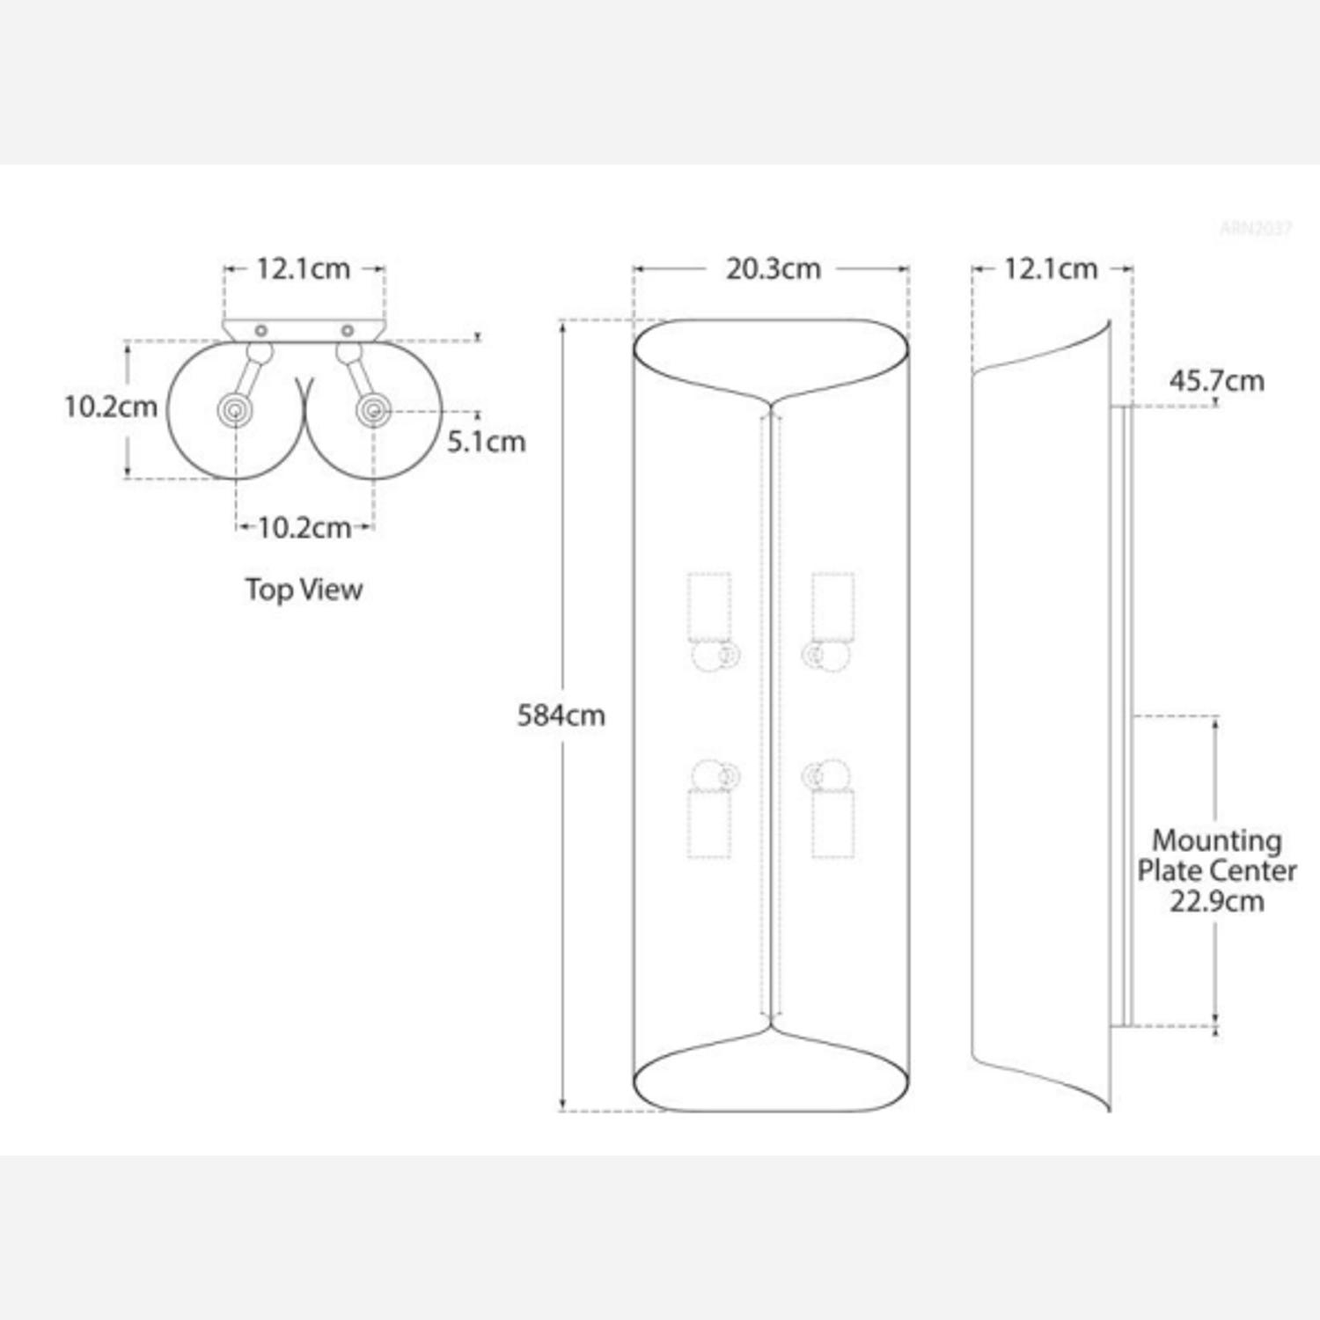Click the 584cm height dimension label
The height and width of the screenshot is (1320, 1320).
pyautogui.click(x=561, y=715)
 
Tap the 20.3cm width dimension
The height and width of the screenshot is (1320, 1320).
pyautogui.click(x=773, y=268)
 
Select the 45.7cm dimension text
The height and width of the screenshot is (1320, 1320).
pyautogui.click(x=1216, y=381)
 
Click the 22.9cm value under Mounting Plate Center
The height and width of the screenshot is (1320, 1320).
pyautogui.click(x=1216, y=901)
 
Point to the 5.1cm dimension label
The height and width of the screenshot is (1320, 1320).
pyautogui.click(x=486, y=441)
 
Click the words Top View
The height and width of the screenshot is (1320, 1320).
pyautogui.click(x=304, y=589)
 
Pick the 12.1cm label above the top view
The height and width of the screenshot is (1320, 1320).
pyautogui.click(x=303, y=268)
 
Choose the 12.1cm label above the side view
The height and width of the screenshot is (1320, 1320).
pyautogui.click(x=1051, y=268)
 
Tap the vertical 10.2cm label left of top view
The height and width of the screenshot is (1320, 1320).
pyautogui.click(x=111, y=407)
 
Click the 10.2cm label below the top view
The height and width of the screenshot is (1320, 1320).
pyautogui.click(x=304, y=528)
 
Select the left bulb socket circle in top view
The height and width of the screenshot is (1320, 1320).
pyautogui.click(x=236, y=410)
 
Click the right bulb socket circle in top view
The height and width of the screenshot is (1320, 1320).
pyautogui.click(x=373, y=410)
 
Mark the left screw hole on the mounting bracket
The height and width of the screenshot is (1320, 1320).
pyautogui.click(x=260, y=331)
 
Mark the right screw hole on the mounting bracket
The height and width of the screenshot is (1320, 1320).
pyautogui.click(x=348, y=331)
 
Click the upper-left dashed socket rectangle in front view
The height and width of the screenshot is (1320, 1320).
pyautogui.click(x=708, y=607)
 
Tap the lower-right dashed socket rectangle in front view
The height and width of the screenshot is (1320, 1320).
pyautogui.click(x=832, y=824)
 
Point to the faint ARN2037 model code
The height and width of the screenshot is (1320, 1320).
pyautogui.click(x=1255, y=229)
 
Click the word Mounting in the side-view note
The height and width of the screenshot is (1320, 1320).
pyautogui.click(x=1216, y=840)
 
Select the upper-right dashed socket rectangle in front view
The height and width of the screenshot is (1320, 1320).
pyautogui.click(x=832, y=607)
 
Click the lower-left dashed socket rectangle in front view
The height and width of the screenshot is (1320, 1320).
pyautogui.click(x=708, y=824)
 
